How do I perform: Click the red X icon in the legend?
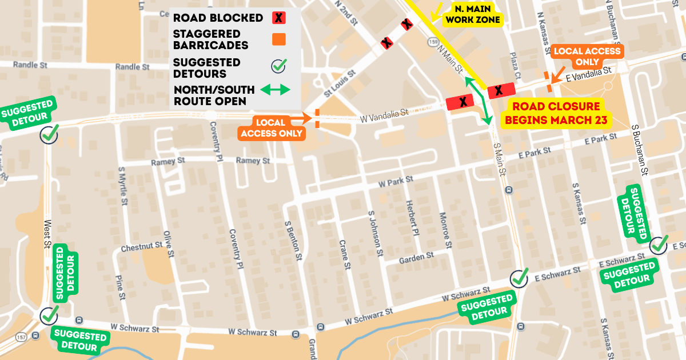[x=278, y=18]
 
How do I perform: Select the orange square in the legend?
[x=278, y=39]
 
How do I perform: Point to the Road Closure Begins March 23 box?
[x=556, y=113]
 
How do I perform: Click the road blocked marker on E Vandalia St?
[x=498, y=90]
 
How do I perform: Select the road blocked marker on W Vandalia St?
[x=463, y=102]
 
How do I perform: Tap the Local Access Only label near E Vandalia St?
[x=587, y=55]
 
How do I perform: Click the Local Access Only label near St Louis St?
[x=270, y=128]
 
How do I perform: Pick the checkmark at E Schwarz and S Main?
[x=519, y=278]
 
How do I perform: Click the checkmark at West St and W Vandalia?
[x=49, y=134]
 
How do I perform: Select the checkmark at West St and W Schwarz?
[x=49, y=314]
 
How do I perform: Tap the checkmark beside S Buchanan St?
[x=659, y=244]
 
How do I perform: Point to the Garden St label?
[x=412, y=258]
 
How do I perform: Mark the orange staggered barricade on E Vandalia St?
[x=548, y=82]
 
